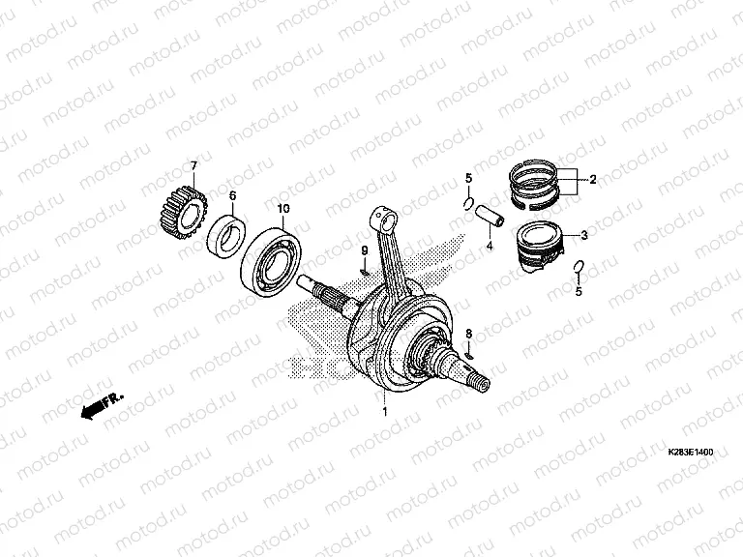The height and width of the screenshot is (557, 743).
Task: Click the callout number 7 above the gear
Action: [x=193, y=165]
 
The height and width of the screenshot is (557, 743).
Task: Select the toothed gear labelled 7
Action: [x=181, y=212]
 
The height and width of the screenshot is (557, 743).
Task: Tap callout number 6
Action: [x=232, y=195]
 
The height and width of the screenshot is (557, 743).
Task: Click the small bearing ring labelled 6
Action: [x=227, y=237]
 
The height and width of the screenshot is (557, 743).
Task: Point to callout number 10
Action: [x=283, y=209]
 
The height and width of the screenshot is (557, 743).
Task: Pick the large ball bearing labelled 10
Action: [x=272, y=262]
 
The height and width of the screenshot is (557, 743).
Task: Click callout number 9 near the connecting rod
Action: [x=365, y=250]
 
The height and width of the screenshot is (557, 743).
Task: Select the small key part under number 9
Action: [x=365, y=272]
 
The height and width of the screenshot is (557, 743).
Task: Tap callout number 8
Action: [x=468, y=334]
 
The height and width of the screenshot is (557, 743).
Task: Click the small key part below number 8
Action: [x=469, y=355]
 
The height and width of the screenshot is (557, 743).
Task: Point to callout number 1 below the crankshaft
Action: [x=385, y=412]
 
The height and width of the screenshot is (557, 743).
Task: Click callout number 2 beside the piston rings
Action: [x=593, y=180]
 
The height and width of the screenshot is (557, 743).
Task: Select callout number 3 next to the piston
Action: [x=584, y=235]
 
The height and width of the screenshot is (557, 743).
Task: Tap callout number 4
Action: [x=489, y=246]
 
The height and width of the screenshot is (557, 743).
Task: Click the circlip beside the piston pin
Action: [x=467, y=203]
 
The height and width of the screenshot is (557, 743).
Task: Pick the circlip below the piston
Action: [x=579, y=267]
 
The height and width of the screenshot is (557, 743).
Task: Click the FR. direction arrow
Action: [x=102, y=405]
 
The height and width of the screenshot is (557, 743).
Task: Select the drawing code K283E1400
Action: [x=691, y=453]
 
